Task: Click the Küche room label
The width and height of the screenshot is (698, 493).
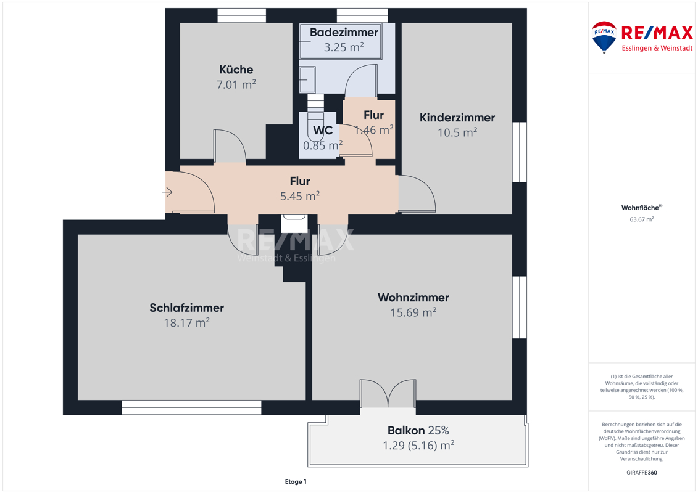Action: point(236,70)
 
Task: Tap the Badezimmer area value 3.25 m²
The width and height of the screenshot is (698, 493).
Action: point(344,47)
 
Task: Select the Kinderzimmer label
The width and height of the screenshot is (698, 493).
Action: point(457,117)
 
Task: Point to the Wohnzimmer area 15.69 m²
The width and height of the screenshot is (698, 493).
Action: point(413,312)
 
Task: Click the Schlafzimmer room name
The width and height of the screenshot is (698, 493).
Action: point(186,308)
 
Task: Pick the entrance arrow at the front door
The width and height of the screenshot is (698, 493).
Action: point(167,192)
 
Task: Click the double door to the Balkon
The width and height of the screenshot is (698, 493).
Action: point(388,393)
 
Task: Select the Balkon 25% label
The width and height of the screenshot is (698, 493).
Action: point(418,430)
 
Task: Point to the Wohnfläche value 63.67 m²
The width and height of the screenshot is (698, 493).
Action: point(641,219)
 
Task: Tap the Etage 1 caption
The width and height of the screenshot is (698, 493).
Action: point(296,481)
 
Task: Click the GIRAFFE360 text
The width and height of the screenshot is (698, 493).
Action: point(641,473)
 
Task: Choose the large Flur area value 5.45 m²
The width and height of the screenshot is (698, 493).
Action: point(299,196)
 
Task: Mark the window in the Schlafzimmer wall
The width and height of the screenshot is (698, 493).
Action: point(191,407)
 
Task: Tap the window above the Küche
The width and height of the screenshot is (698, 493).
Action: point(242,15)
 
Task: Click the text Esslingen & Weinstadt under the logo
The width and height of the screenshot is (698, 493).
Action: point(657,48)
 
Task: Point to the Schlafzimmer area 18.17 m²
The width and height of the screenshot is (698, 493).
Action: point(186,323)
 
